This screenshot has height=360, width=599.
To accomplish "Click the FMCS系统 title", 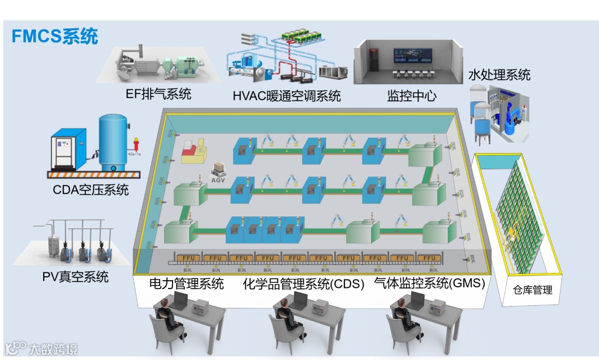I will (x=55, y=36).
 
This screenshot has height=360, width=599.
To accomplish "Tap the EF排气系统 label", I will (x=158, y=94).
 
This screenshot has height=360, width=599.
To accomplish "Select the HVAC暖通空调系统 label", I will (x=286, y=96).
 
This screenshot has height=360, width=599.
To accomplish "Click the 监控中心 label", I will (x=412, y=96).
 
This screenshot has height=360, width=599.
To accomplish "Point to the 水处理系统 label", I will (x=499, y=74).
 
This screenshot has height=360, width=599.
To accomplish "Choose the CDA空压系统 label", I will (x=91, y=190).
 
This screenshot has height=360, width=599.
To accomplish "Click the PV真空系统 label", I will (x=75, y=276).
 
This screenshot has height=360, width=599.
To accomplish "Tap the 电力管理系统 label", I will (x=187, y=284).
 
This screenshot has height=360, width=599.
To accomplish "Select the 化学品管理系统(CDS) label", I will (x=303, y=285).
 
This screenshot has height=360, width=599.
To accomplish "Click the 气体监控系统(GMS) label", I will (x=430, y=283).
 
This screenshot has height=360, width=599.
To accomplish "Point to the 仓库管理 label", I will (x=532, y=290).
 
